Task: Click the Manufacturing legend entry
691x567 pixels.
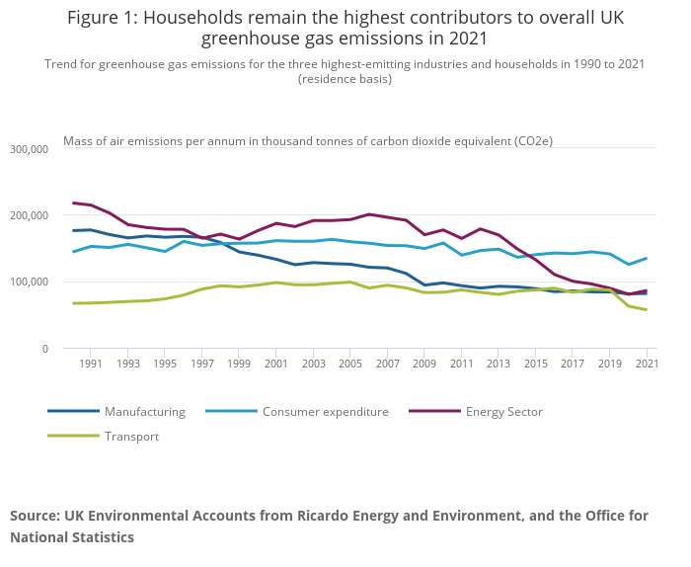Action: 144,411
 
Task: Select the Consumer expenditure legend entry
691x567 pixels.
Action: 325,411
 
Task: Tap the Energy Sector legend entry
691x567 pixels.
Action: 503,411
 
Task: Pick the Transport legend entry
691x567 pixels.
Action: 131,436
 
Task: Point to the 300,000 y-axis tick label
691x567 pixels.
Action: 29,149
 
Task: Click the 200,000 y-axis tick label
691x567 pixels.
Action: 29,215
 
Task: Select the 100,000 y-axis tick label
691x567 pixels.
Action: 29,282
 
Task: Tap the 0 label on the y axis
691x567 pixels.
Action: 43,349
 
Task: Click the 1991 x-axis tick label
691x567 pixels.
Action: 91,364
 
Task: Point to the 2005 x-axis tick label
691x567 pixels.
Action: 350,364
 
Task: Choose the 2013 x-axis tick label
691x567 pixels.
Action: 499,364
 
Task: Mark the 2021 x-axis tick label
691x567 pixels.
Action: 647,364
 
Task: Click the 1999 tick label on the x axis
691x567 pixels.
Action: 239,364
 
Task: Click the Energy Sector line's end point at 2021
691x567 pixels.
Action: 647,290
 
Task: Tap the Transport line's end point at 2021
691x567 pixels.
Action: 647,310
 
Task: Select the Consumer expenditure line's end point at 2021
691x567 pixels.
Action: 647,258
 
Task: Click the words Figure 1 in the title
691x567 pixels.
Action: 103,18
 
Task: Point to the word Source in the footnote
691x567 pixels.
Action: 35,516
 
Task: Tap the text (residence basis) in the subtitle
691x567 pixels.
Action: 345,79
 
